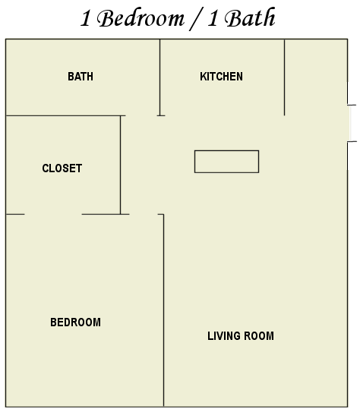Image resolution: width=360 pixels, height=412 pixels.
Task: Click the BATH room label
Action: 81,77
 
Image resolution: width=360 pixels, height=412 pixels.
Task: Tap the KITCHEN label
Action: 221,77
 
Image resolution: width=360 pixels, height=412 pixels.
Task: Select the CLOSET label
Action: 62,168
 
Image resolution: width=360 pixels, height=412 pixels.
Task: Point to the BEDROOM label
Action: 75,322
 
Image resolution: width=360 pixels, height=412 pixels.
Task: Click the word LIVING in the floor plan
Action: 224,336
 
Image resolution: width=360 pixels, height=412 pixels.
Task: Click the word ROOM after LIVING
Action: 259,336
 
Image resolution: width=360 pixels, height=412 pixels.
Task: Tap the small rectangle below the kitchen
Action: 226,162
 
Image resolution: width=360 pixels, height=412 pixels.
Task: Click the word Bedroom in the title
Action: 141,18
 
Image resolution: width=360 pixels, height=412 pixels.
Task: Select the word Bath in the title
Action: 250,17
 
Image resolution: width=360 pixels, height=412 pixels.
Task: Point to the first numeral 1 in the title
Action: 85,18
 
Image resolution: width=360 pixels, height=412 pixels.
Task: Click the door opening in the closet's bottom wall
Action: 53,215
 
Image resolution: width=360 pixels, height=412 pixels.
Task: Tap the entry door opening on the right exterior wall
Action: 349,123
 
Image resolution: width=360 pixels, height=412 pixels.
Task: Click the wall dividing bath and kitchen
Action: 160,77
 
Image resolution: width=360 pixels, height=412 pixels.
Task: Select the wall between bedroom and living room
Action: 163,310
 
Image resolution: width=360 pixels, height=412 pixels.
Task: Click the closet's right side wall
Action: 121,165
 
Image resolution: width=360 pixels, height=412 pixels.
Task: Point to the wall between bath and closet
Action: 65,115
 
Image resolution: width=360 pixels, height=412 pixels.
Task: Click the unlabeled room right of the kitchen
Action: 316,77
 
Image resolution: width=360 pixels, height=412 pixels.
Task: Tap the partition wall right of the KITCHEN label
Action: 284,77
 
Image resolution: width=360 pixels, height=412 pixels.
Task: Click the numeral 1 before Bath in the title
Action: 213,18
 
